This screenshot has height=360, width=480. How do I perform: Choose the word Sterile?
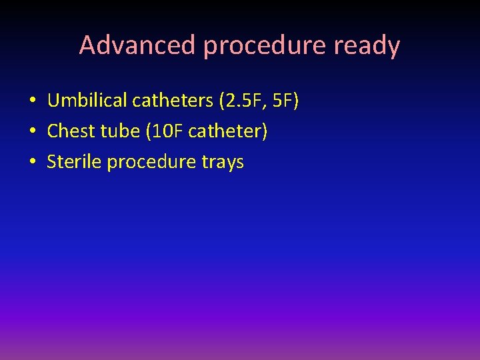coord(74,162)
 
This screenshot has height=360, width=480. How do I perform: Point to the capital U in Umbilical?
coord(53,101)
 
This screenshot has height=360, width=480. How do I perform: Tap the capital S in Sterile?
coord(52,162)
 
